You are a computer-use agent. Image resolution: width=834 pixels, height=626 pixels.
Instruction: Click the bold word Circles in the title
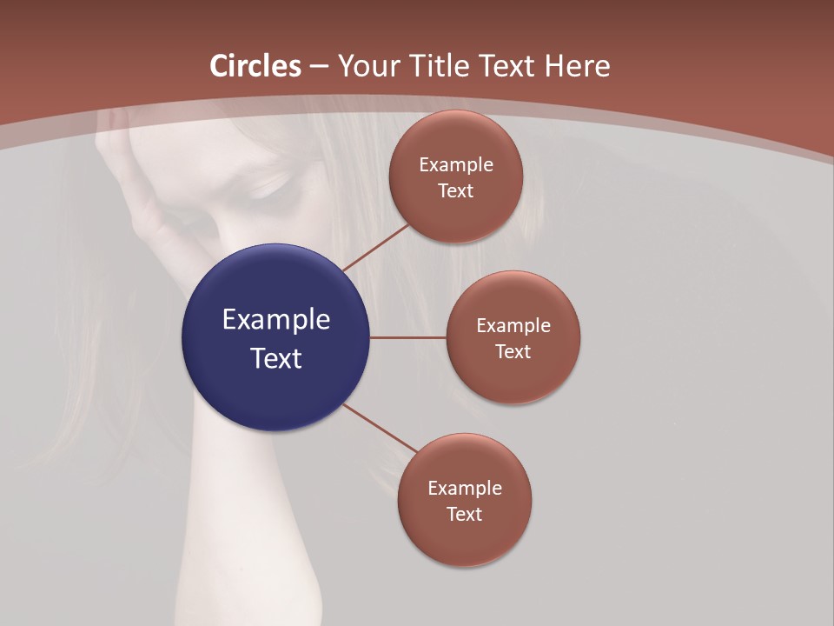(255, 66)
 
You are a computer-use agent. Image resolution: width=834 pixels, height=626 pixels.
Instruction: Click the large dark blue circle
(275, 383)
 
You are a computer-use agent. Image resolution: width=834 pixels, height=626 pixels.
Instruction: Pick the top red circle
(456, 209)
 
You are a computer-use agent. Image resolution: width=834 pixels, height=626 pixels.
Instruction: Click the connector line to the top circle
(375, 247)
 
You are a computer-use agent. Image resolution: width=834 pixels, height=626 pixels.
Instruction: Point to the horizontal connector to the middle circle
(408, 337)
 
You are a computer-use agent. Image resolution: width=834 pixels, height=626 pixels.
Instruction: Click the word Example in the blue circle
(276, 319)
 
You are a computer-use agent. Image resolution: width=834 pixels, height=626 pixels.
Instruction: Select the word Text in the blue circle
(276, 358)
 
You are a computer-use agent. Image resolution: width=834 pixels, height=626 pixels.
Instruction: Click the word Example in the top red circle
(456, 164)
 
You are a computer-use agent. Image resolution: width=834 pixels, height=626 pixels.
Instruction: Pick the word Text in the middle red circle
(513, 351)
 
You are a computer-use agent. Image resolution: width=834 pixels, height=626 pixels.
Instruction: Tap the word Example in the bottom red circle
(465, 488)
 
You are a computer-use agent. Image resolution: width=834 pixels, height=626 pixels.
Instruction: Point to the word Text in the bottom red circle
(465, 514)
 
